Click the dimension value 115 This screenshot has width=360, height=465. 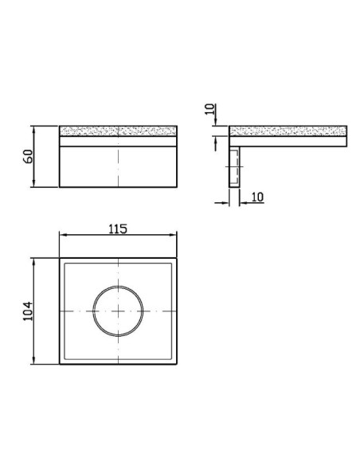point(118,229)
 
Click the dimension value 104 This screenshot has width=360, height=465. point(28,311)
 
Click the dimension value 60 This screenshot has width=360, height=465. point(28,156)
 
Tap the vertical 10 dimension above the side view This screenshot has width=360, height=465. point(209,109)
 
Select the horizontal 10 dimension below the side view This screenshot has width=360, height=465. point(258,197)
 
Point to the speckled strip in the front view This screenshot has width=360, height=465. point(118,131)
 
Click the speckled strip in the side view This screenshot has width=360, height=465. point(288,131)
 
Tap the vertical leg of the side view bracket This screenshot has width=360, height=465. point(234,166)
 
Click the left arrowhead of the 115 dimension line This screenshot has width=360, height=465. point(63,235)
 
